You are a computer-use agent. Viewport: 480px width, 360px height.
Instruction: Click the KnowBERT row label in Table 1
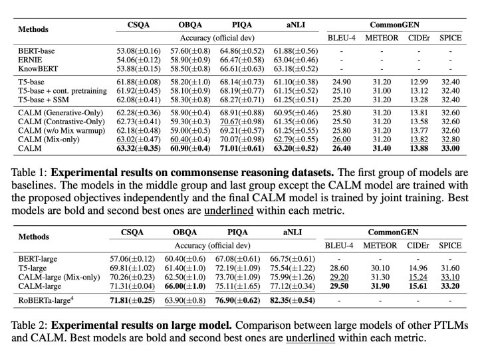pyautogui.click(x=38, y=68)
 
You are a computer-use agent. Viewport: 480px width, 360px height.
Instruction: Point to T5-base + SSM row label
pyautogui.click(x=43, y=100)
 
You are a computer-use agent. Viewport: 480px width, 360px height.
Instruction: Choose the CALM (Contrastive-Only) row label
pyautogui.click(x=61, y=122)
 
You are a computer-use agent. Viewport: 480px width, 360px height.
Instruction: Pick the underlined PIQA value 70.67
pyautogui.click(x=229, y=122)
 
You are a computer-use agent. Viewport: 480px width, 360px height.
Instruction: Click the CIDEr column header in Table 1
pyautogui.click(x=419, y=38)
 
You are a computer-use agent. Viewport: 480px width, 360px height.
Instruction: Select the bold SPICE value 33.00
pyautogui.click(x=450, y=148)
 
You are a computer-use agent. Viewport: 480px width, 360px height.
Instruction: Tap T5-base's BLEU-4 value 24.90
pyautogui.click(x=342, y=82)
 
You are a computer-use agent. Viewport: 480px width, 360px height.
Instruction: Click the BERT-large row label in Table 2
pyautogui.click(x=38, y=259)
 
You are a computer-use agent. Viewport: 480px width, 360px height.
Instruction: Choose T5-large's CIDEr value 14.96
pyautogui.click(x=418, y=268)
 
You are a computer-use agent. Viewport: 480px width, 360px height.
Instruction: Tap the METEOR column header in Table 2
pyautogui.click(x=380, y=246)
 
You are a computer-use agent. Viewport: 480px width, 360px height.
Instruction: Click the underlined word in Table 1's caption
pyautogui.click(x=229, y=211)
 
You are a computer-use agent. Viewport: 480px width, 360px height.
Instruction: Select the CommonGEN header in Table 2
pyautogui.click(x=393, y=232)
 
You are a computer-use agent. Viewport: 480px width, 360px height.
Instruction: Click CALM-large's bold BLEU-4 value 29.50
pyautogui.click(x=339, y=286)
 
